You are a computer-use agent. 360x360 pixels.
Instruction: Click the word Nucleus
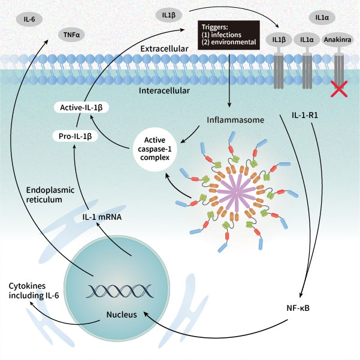118,314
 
